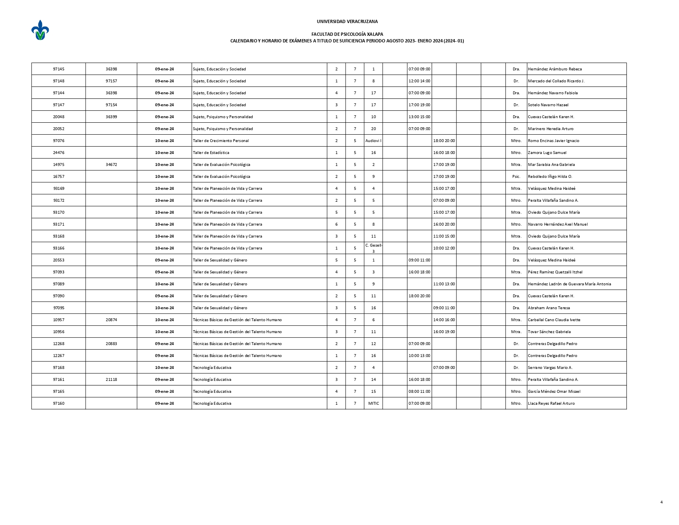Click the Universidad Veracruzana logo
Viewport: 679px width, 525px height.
pyautogui.click(x=40, y=30)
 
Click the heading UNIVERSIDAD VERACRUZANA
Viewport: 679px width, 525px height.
pyautogui.click(x=347, y=21)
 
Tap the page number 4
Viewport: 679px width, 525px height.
pyautogui.click(x=661, y=502)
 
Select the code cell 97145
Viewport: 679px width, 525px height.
pyautogui.click(x=58, y=69)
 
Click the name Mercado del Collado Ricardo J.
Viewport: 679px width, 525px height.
pyautogui.click(x=556, y=81)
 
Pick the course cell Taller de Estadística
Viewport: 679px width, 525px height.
pyautogui.click(x=211, y=153)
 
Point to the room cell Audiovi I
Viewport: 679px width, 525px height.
pyautogui.click(x=373, y=141)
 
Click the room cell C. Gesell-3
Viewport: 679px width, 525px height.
pyautogui.click(x=373, y=248)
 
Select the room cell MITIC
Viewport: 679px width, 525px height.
pyautogui.click(x=373, y=404)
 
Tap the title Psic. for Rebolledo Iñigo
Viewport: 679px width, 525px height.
pyautogui.click(x=516, y=177)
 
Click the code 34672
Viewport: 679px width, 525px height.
pyautogui.click(x=111, y=165)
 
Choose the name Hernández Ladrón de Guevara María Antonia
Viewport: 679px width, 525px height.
pyautogui.click(x=569, y=284)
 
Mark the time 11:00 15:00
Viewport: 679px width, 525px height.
pyautogui.click(x=444, y=236)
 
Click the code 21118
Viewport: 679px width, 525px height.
pyautogui.click(x=111, y=380)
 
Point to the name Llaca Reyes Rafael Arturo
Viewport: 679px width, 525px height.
pyautogui.click(x=551, y=404)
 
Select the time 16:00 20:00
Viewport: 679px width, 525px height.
pyautogui.click(x=444, y=224)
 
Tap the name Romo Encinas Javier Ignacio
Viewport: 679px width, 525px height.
pyautogui.click(x=553, y=141)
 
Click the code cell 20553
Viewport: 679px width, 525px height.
pyautogui.click(x=58, y=260)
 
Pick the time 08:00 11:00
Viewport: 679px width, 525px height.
pyautogui.click(x=419, y=392)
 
